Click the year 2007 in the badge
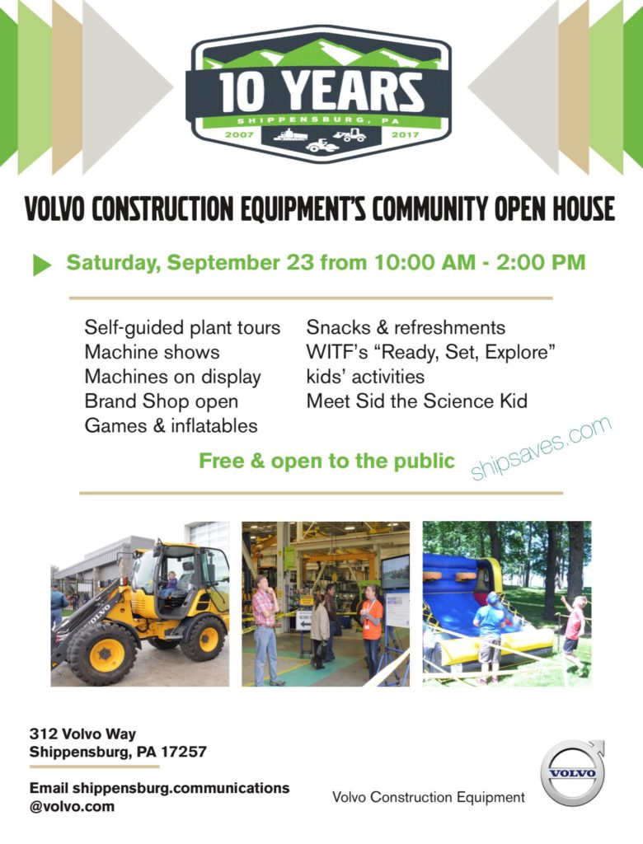239,134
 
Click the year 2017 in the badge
405,134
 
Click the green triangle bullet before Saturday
42,265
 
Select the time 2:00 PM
541,263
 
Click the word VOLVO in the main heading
54,209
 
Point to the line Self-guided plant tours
182,328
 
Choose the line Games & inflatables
171,426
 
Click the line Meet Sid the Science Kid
417,401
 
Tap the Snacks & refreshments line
406,327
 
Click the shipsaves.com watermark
541,447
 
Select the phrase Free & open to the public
327,462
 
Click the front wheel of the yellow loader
101,653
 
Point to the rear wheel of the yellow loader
203,639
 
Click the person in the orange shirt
371,630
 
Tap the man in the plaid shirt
266,630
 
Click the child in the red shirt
575,632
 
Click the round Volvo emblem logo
572,773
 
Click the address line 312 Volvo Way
82,734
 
